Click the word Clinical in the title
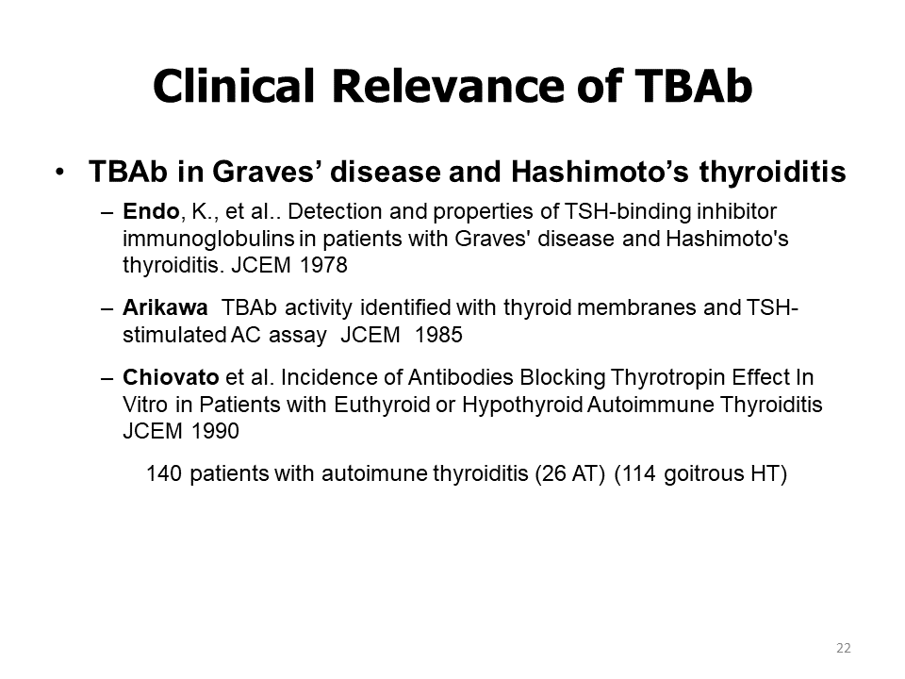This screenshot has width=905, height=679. tap(234, 86)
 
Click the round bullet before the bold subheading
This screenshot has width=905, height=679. tap(60, 172)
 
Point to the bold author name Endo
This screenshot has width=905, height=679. tap(151, 211)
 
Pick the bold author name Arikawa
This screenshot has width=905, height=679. tap(165, 307)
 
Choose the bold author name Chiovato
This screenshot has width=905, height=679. tap(171, 377)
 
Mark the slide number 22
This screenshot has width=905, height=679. tap(843, 648)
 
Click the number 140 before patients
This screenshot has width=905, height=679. tap(164, 473)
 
